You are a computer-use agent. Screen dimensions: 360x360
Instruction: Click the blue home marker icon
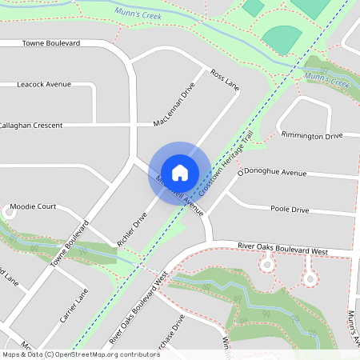pyautogui.click(x=180, y=172)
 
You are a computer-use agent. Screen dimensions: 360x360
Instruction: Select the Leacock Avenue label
pyautogui.click(x=44, y=84)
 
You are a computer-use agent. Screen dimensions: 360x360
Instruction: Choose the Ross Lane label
pyautogui.click(x=225, y=78)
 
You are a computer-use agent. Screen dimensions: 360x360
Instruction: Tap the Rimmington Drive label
pyautogui.click(x=313, y=135)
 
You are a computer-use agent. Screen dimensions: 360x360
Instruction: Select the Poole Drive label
pyautogui.click(x=289, y=209)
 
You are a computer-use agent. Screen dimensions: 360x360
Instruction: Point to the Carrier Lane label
pyautogui.click(x=73, y=306)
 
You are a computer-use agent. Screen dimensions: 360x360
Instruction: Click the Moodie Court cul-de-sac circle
pyautogui.click(x=10, y=214)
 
